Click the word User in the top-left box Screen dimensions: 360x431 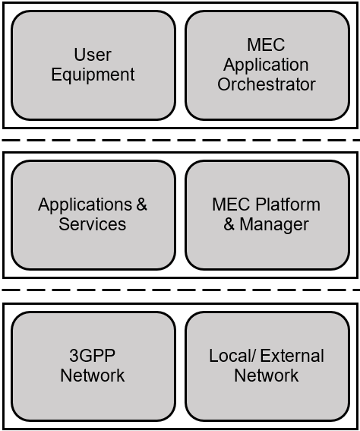[x=93, y=55]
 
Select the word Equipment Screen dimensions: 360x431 [x=93, y=74]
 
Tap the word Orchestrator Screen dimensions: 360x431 [x=267, y=84]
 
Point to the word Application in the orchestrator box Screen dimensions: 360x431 [x=266, y=65]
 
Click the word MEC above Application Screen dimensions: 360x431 [x=266, y=45]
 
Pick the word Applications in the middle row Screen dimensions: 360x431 [x=85, y=205]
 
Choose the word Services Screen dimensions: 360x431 [x=92, y=224]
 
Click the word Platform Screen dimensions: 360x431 [x=288, y=204]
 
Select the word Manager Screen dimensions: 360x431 [x=274, y=225]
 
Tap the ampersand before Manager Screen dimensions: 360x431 [x=229, y=224]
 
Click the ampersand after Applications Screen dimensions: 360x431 [x=141, y=204]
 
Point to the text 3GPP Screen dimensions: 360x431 [x=92, y=356]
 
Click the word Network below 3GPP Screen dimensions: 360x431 [x=92, y=376]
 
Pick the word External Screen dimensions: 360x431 [x=292, y=356]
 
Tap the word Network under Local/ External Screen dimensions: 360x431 [x=267, y=376]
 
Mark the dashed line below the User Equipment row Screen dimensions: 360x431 [x=181, y=140]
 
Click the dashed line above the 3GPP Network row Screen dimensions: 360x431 [x=181, y=290]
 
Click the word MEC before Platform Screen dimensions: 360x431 [x=231, y=204]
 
